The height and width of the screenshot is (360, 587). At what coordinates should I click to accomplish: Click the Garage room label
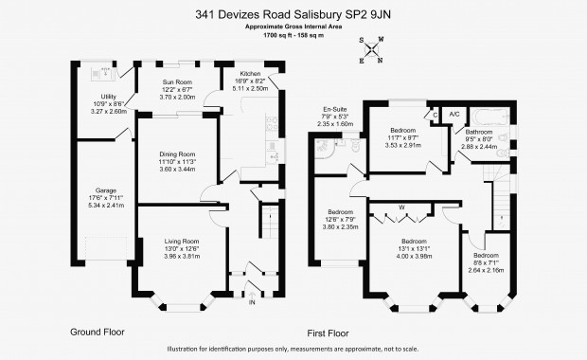coord(106,190)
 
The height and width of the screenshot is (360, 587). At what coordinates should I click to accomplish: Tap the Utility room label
coord(109,97)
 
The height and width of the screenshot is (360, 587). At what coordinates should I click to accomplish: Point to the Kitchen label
coord(250,74)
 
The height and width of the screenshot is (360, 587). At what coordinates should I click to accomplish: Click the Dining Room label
coord(177,154)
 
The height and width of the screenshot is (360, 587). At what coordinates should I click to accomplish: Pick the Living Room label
coord(182,242)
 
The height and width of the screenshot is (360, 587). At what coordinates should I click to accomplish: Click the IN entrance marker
coord(252,302)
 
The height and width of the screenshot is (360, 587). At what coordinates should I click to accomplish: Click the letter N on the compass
coord(380,61)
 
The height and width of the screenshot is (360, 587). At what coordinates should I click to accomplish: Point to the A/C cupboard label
coord(454,114)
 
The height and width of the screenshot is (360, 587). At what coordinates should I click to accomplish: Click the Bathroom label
coord(479,132)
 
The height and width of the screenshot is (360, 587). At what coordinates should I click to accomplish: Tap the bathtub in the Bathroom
coord(489,117)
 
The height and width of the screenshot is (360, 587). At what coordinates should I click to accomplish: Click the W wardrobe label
coord(401,207)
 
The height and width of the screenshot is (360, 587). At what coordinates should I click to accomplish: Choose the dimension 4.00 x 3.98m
coord(414,256)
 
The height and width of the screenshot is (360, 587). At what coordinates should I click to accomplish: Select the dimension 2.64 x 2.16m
coord(486,270)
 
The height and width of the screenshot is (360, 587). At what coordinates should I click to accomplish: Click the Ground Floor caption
coord(98,332)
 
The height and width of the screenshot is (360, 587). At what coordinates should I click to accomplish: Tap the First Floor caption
coord(328,333)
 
